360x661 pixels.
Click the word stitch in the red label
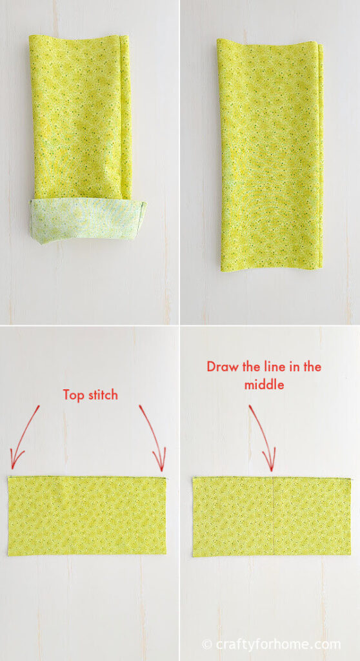tap(101, 395)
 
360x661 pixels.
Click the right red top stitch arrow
tap(153, 439)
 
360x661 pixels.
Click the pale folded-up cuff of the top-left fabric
tap(87, 220)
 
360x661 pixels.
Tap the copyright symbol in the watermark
tap(207, 644)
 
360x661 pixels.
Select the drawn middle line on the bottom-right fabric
tap(274, 516)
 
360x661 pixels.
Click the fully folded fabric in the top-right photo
tap(270, 155)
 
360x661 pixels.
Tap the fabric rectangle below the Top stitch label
tap(87, 516)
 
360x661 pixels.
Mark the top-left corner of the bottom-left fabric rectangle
tap(9, 478)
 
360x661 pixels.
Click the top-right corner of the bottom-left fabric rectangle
tap(165, 478)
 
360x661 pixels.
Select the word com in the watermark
tap(329, 644)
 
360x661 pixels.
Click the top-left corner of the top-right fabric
tap(218, 40)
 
